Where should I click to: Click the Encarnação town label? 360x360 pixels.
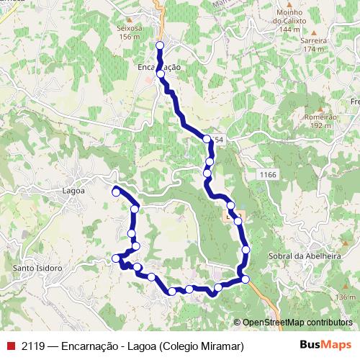[x=158, y=66]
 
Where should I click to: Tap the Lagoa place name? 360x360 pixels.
[x=74, y=191]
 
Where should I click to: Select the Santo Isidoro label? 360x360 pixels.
[x=37, y=269]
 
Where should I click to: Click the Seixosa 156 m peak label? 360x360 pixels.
[x=130, y=33]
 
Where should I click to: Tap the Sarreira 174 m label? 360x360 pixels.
[x=314, y=45]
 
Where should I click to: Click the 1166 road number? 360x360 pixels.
[x=268, y=175]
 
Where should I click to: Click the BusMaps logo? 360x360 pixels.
[x=325, y=346]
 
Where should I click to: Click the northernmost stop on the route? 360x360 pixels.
[x=160, y=45]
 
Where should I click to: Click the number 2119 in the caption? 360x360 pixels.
[x=33, y=346]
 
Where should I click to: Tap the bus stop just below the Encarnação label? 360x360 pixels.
[x=161, y=74]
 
